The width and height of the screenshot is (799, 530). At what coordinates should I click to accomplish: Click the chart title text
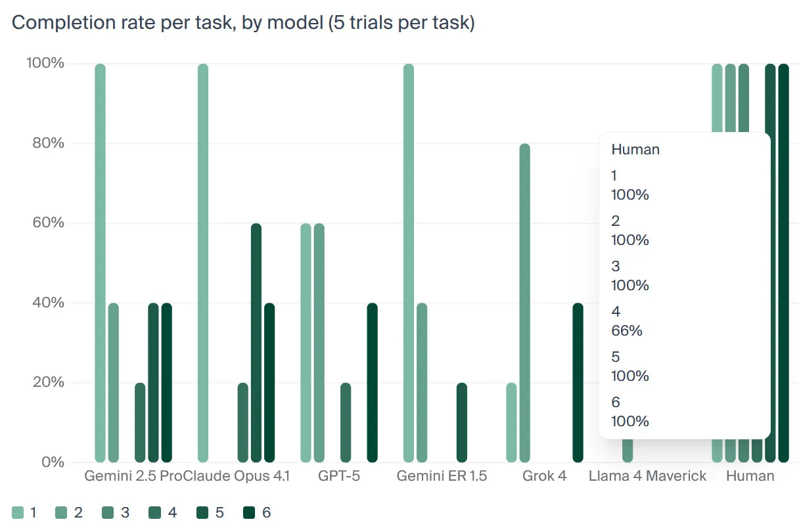pos(243,23)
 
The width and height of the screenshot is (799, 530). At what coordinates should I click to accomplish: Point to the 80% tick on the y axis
pos(48,143)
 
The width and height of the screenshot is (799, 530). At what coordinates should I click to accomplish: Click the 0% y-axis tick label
pos(53,462)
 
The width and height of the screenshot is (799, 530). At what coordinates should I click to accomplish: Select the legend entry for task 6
pos(257,512)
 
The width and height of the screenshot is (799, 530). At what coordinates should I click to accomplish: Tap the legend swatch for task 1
pos(18,512)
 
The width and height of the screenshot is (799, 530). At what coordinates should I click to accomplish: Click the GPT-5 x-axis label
pos(339,476)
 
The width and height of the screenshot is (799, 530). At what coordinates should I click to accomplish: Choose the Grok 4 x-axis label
pos(544,476)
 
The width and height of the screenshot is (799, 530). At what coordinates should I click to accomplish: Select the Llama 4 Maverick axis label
pos(647,476)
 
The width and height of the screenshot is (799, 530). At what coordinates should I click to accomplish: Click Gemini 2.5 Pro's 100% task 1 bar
pos(101,263)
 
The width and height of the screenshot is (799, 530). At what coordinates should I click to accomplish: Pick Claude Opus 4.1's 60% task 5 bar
pos(256,343)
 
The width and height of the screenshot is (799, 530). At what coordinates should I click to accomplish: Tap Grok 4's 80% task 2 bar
pos(525,303)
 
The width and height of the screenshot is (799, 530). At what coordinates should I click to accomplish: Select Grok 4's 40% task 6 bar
pos(578,383)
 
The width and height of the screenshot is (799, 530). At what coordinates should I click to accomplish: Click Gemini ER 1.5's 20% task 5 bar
pos(461,423)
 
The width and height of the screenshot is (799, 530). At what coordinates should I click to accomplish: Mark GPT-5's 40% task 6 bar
pos(372,383)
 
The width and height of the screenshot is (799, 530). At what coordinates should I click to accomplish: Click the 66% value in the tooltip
pos(627,331)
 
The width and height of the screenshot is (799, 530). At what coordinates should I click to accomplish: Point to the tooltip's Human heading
pos(635,150)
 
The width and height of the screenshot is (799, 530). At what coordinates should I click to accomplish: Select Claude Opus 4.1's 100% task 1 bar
pos(203,263)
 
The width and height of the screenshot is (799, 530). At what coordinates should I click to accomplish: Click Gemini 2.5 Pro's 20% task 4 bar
pos(140,423)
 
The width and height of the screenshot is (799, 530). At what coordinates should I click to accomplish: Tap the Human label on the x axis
pos(750,476)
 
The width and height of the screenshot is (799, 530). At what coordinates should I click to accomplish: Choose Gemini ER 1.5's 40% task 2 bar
pos(422,383)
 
